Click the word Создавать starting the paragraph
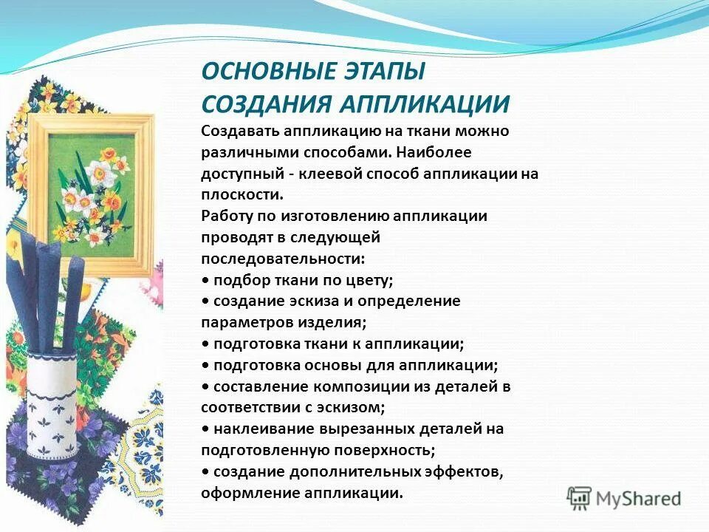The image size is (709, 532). [239, 131]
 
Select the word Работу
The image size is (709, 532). [226, 216]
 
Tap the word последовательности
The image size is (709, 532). [282, 259]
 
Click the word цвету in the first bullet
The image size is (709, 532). [371, 280]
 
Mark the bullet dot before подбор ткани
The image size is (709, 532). [205, 281]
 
